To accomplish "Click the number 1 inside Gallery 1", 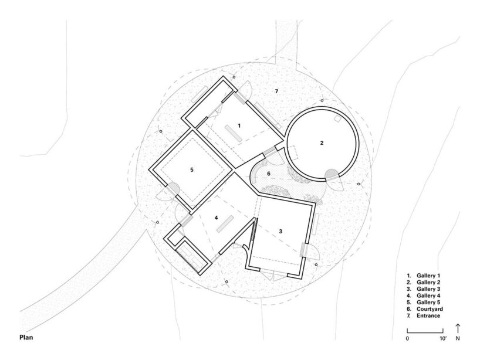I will [x=239, y=125].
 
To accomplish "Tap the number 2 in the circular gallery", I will [x=322, y=142].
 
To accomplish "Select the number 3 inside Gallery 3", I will [x=280, y=232].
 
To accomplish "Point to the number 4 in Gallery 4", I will [x=216, y=218].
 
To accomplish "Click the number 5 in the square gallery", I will [x=191, y=169].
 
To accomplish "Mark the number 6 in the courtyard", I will [x=269, y=174].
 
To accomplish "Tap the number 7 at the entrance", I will [x=276, y=90].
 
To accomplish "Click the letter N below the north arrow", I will [x=458, y=339].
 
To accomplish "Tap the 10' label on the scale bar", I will [x=445, y=339].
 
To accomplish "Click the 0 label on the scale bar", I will [x=407, y=339].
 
